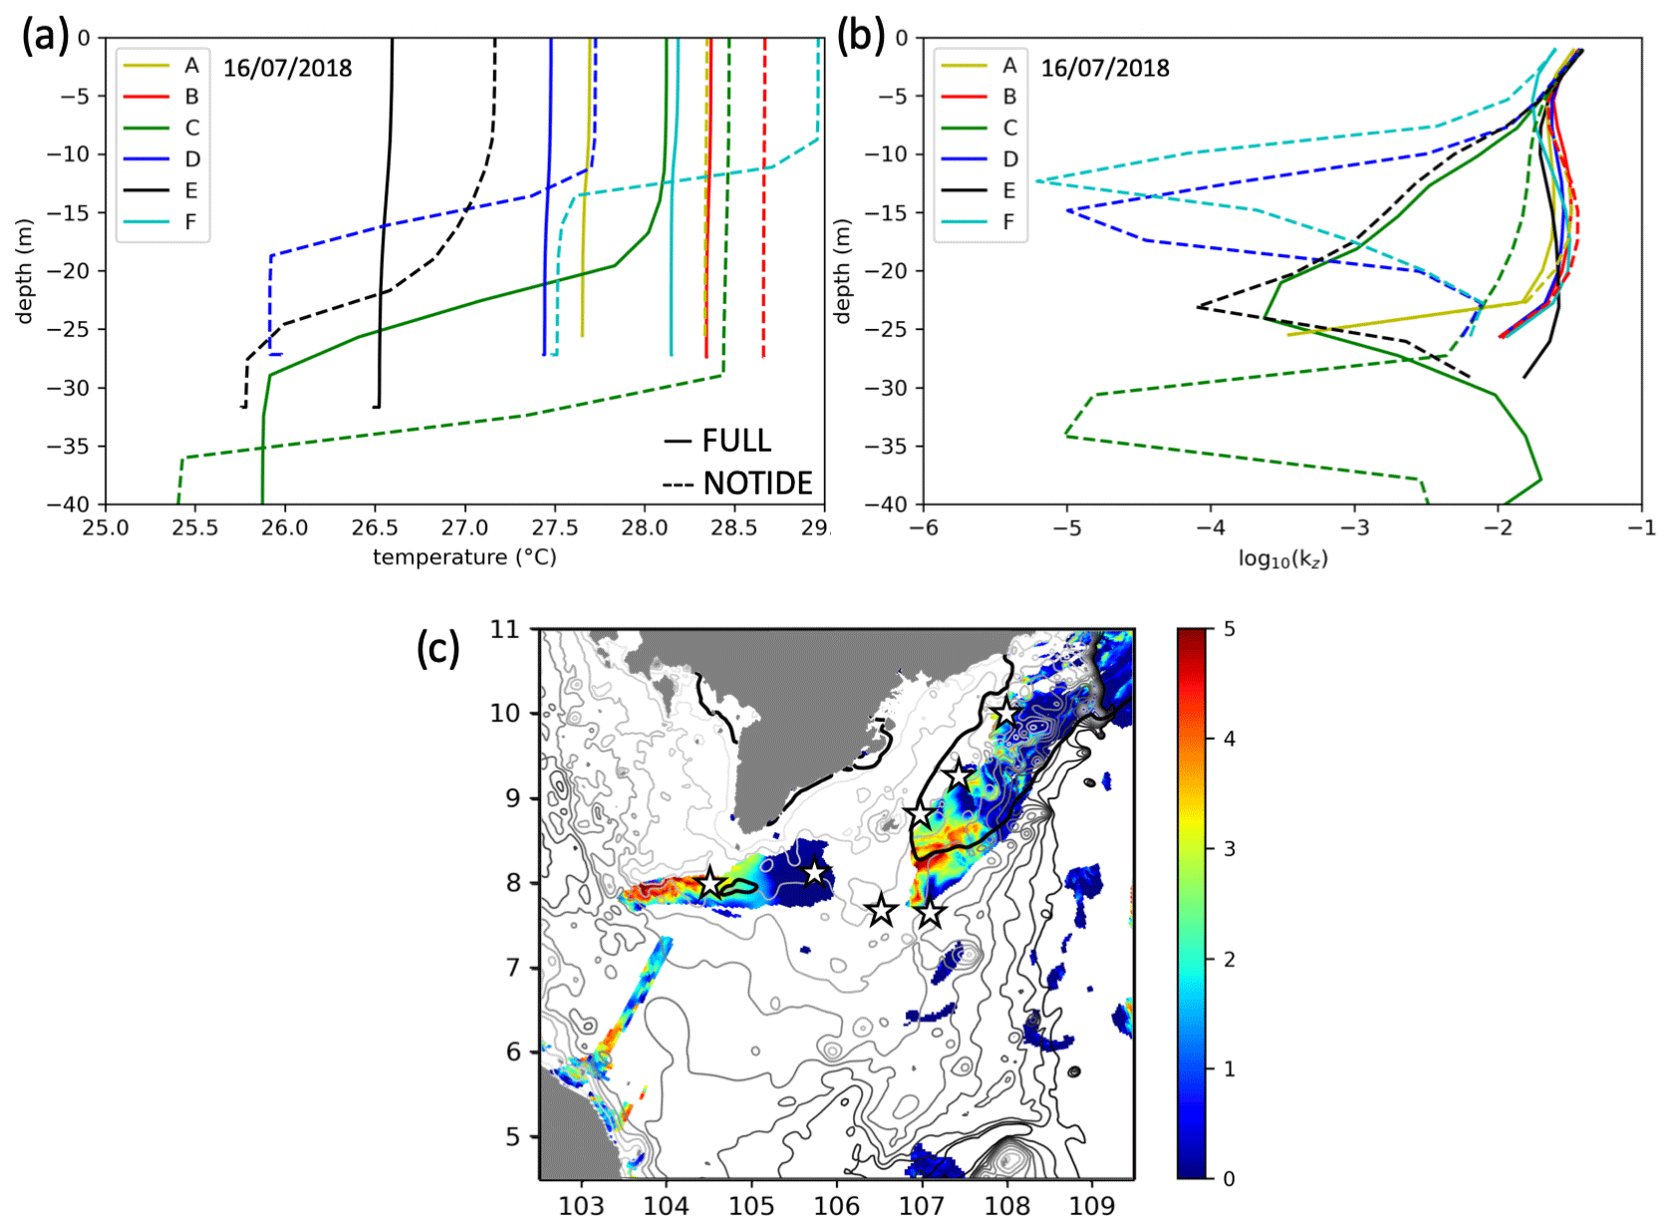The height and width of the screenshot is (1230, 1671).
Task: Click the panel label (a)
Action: pos(46,37)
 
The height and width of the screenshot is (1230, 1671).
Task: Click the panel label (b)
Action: pos(861,37)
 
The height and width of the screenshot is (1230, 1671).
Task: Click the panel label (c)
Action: pos(437,648)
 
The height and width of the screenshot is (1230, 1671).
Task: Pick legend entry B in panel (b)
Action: pos(1008,97)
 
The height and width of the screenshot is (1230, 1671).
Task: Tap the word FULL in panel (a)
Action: pos(736,441)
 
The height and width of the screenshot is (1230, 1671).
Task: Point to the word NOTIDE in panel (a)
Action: pos(757,483)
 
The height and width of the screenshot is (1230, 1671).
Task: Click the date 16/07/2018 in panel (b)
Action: pos(1105,68)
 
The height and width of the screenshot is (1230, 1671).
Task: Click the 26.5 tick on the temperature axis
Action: pos(375,527)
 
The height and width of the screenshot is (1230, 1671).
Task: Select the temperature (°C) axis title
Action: pos(464,557)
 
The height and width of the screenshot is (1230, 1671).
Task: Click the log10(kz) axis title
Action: pos(1282,558)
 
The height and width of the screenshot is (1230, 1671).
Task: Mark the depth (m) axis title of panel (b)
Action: pos(843,270)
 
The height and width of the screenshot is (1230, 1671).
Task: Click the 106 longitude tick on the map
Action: pos(836,1206)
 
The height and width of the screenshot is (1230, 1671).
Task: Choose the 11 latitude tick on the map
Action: pos(505,629)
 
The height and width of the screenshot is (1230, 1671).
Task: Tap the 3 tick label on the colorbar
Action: pos(1229,849)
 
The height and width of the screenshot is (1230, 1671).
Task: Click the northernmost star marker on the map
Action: pos(1005,713)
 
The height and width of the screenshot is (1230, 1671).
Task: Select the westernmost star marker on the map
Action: pos(709,883)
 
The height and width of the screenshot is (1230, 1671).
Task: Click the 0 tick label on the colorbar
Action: pos(1229,1179)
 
